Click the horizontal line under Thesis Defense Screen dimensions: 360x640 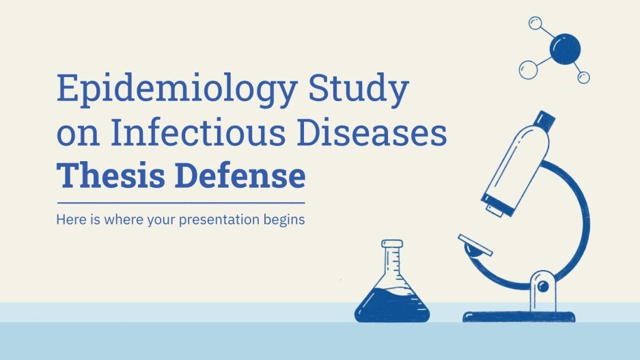tap(180, 203)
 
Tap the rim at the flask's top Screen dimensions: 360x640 tap(392, 243)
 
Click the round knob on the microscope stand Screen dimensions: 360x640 tap(544, 285)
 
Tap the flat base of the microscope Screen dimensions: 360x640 tap(519, 316)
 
